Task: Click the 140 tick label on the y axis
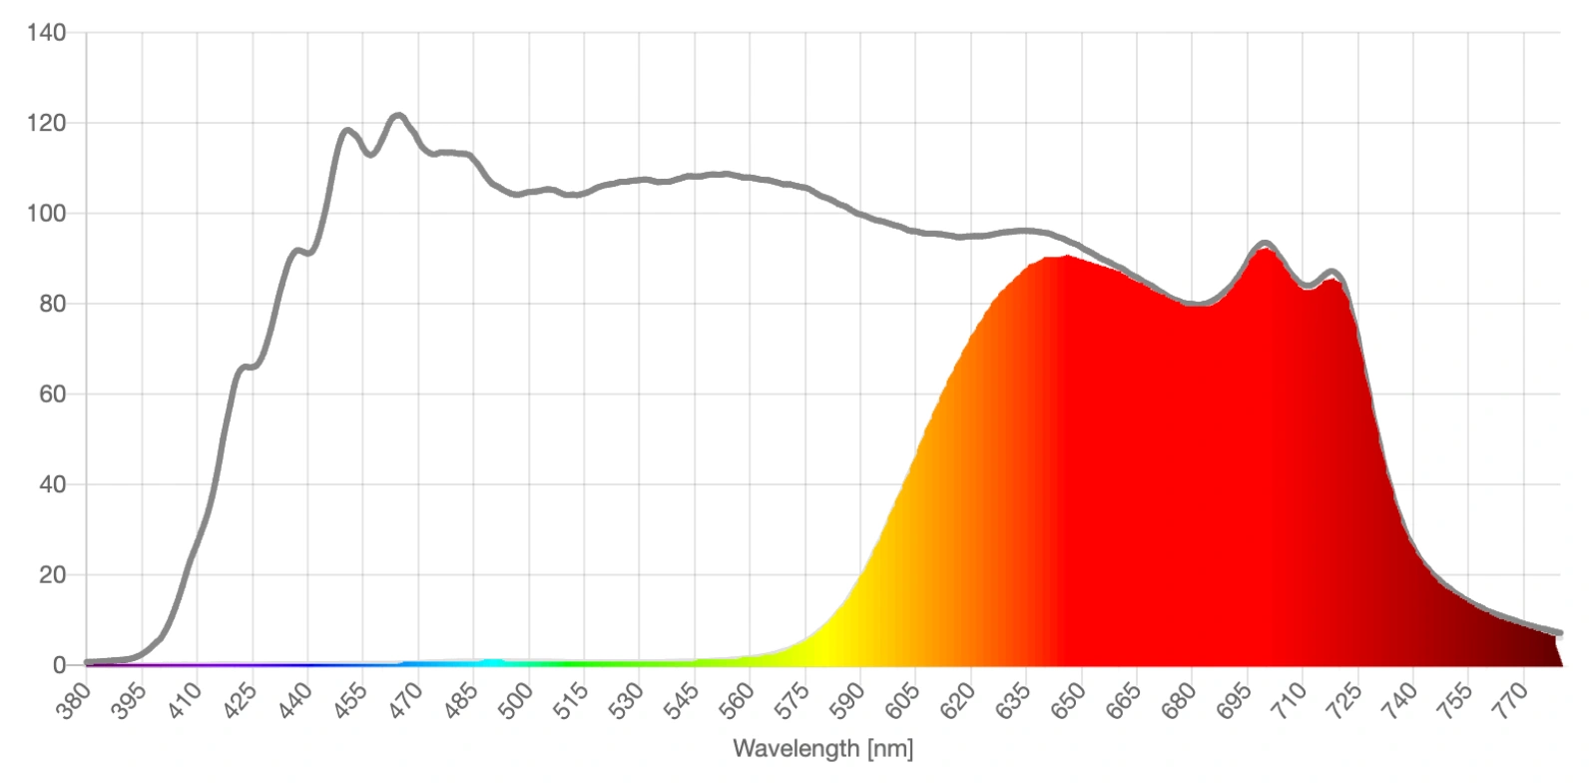click(x=46, y=33)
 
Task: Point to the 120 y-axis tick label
click(x=46, y=123)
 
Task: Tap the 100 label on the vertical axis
click(x=46, y=214)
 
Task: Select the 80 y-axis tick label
click(x=52, y=304)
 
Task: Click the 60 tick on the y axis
click(x=52, y=394)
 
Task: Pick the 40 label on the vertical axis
click(x=52, y=484)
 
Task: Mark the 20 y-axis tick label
click(x=52, y=575)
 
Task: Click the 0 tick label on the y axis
click(x=60, y=665)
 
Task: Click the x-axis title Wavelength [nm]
click(x=822, y=748)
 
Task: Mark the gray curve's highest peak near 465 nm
click(x=397, y=116)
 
